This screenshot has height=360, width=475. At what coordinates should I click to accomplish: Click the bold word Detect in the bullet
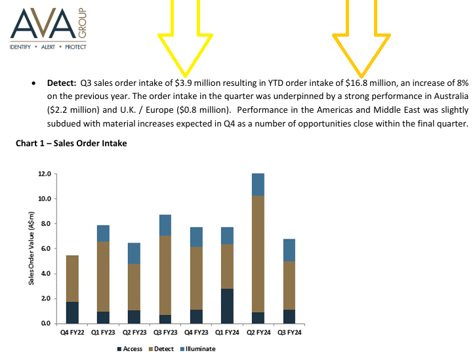62,83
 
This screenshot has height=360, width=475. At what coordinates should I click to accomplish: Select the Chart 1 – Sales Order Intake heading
72,143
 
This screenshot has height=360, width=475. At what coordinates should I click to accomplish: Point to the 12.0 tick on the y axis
45,174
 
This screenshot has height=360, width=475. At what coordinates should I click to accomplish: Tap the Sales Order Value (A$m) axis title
31,248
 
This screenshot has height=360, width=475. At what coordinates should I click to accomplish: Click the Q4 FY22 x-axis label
72,332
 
